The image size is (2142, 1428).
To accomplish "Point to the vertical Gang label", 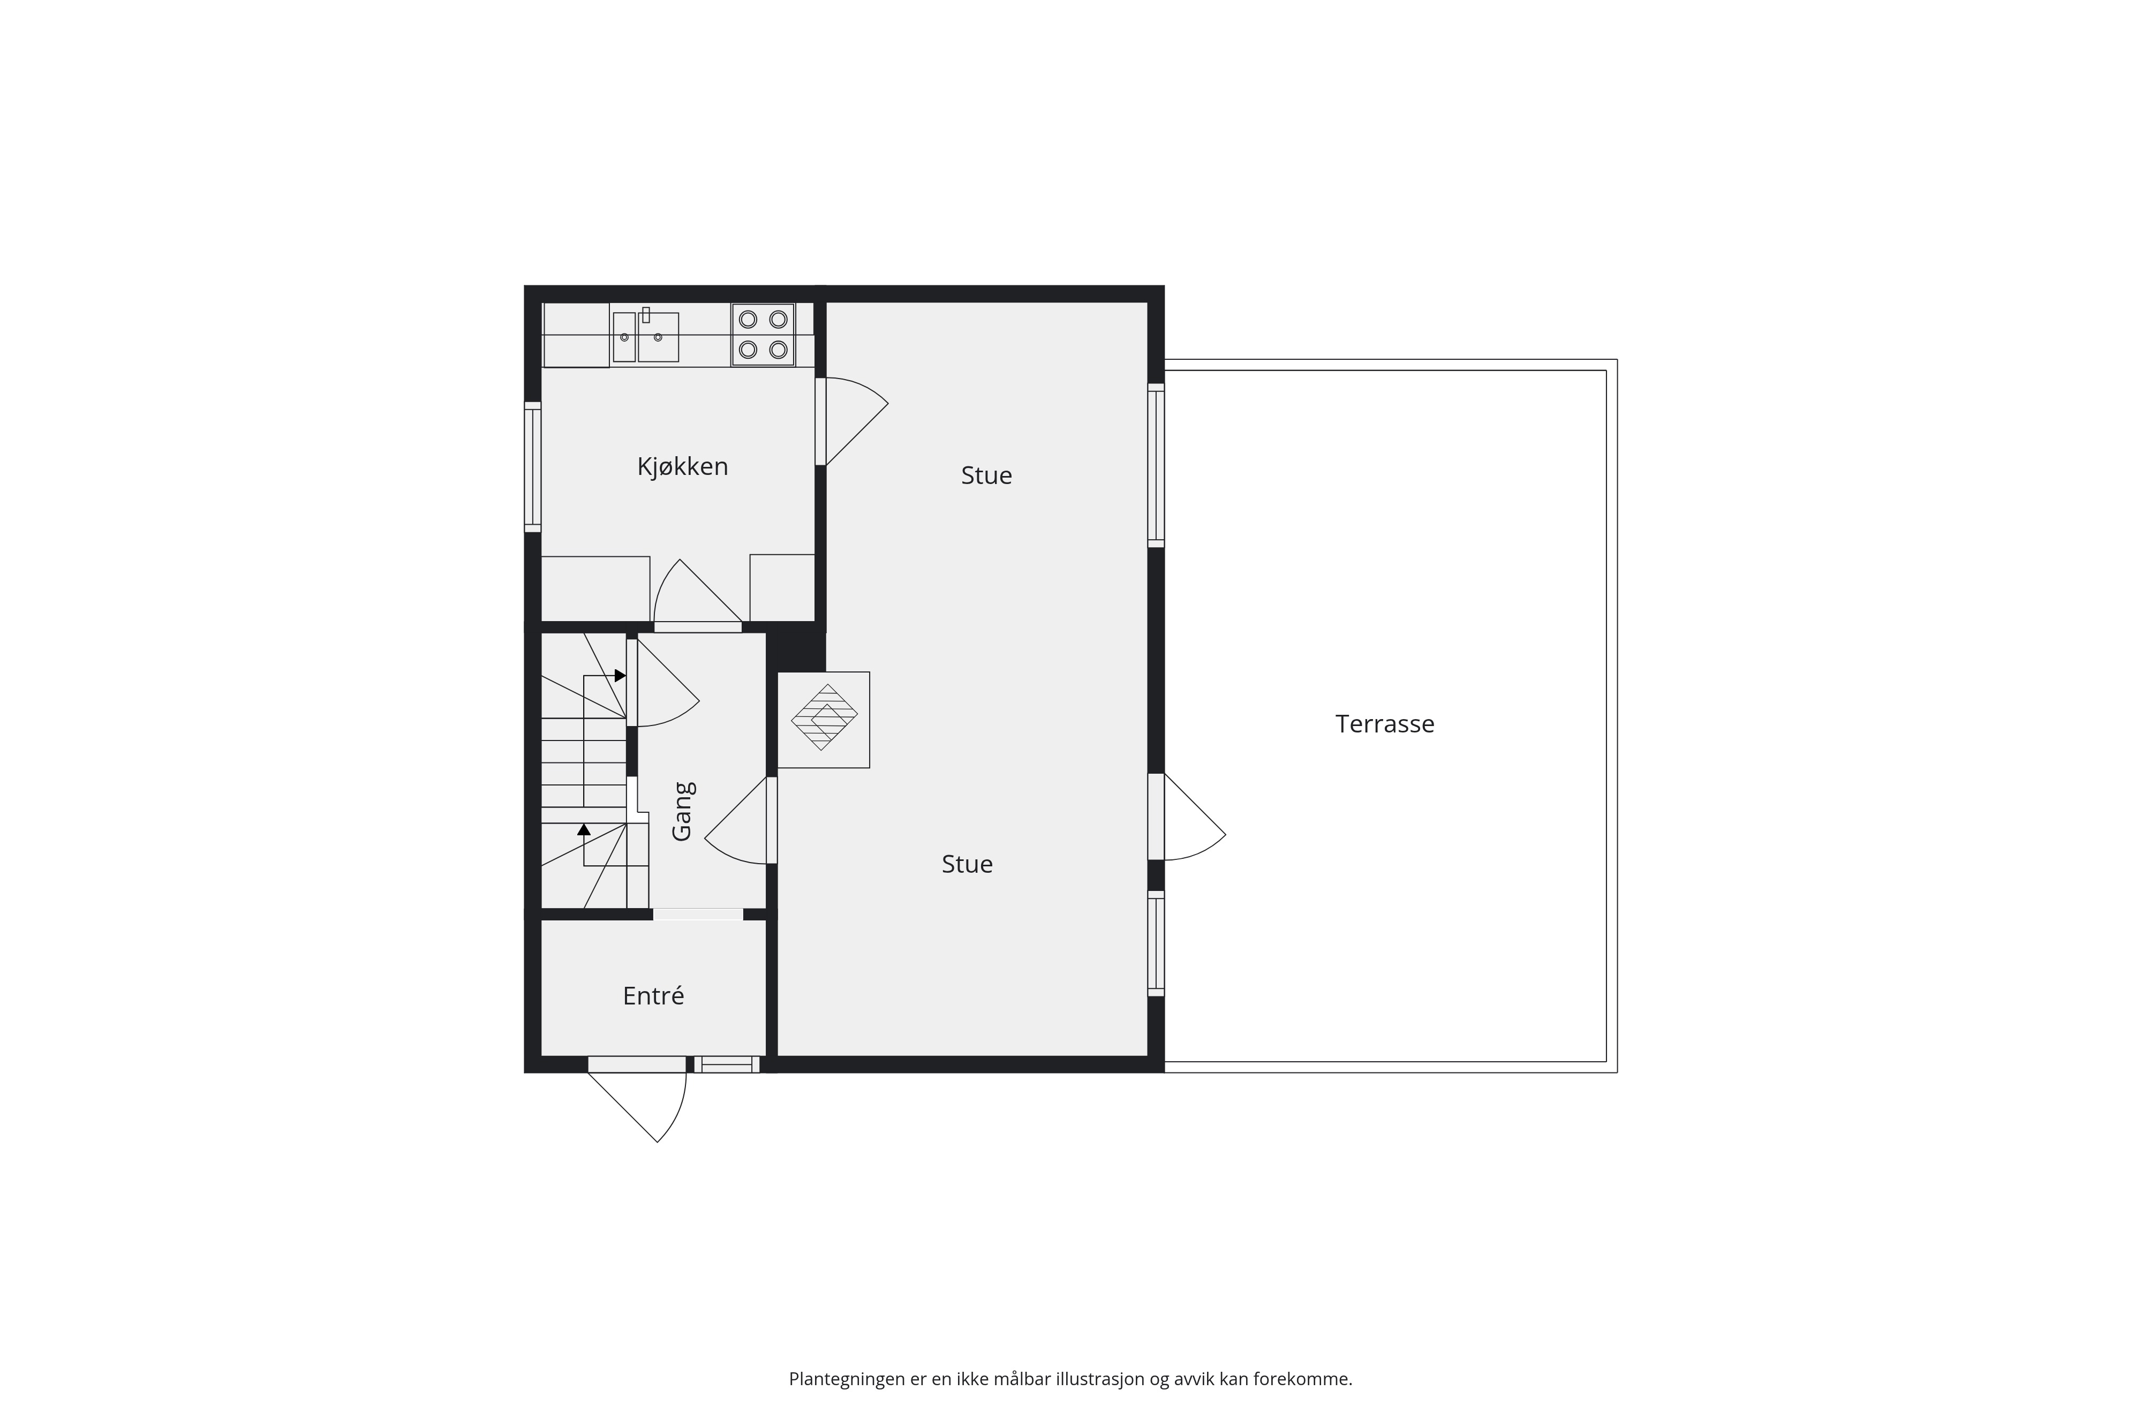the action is click(683, 811).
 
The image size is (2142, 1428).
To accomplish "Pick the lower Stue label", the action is click(967, 864).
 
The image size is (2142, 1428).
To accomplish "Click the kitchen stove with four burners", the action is click(763, 334).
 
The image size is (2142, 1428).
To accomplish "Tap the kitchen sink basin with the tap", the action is click(658, 337).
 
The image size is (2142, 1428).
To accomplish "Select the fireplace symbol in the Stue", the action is click(823, 720).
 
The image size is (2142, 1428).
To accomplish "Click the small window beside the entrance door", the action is click(727, 1064).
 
